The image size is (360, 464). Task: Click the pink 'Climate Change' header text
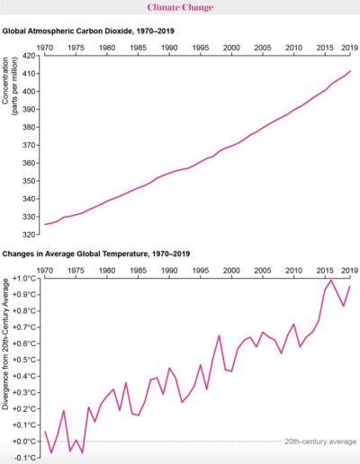click(x=180, y=8)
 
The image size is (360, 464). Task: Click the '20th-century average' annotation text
click(x=321, y=442)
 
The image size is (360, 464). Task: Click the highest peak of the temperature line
click(x=331, y=281)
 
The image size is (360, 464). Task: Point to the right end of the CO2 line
click(x=350, y=71)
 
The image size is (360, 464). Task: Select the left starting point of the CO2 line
click(x=44, y=224)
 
